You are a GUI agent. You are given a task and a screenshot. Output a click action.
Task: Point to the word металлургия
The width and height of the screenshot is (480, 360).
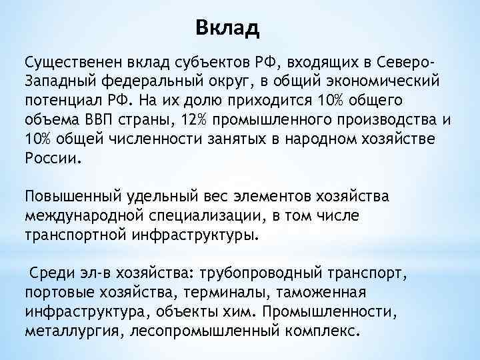click(67, 331)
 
